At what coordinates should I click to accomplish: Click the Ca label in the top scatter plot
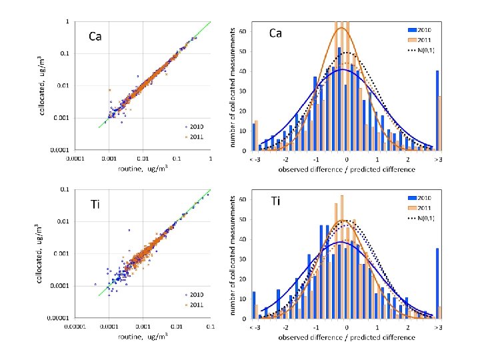pyautogui.click(x=95, y=37)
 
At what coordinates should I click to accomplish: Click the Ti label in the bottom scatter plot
pyautogui.click(x=95, y=204)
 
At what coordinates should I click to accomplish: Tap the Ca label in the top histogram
pyautogui.click(x=275, y=33)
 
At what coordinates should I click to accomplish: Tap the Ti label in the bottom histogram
pyautogui.click(x=275, y=200)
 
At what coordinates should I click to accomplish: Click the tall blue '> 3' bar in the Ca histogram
pyautogui.click(x=437, y=110)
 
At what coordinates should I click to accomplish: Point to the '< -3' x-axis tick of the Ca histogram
pyautogui.click(x=254, y=161)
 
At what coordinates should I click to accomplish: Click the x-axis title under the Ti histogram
pyautogui.click(x=347, y=337)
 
